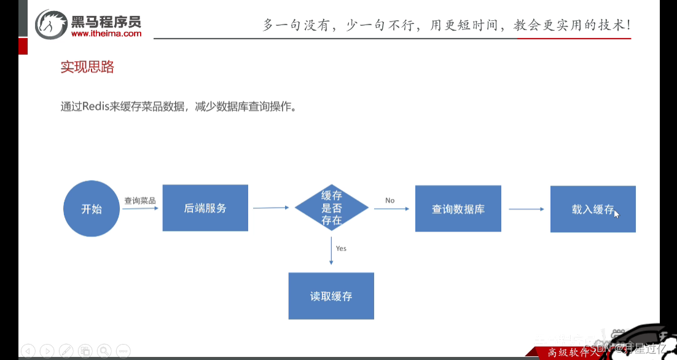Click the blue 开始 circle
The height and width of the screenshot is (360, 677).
pyautogui.click(x=92, y=209)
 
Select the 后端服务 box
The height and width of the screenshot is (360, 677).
pyautogui.click(x=205, y=208)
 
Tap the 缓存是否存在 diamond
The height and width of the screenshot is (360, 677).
pyautogui.click(x=332, y=208)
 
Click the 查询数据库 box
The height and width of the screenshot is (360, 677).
pyautogui.click(x=458, y=209)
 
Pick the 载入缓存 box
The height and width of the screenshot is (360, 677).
pyautogui.click(x=592, y=209)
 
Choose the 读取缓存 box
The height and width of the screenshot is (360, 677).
pyautogui.click(x=331, y=296)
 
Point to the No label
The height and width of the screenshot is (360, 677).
pyautogui.click(x=390, y=200)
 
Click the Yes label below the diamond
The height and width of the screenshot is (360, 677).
pyautogui.click(x=341, y=248)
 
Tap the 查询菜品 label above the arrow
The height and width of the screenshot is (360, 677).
pyautogui.click(x=140, y=200)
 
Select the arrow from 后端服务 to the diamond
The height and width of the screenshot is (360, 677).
pyautogui.click(x=271, y=208)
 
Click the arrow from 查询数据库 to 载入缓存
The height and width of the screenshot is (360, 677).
pyautogui.click(x=526, y=209)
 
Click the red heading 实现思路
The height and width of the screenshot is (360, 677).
pyautogui.click(x=87, y=68)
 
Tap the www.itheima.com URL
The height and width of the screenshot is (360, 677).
pyautogui.click(x=106, y=34)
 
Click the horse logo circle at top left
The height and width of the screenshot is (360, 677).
pyautogui.click(x=50, y=25)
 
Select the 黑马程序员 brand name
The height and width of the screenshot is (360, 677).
pyautogui.click(x=106, y=22)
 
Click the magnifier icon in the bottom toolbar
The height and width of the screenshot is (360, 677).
pyautogui.click(x=104, y=350)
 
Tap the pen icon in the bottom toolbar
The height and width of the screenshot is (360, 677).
pyautogui.click(x=66, y=350)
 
